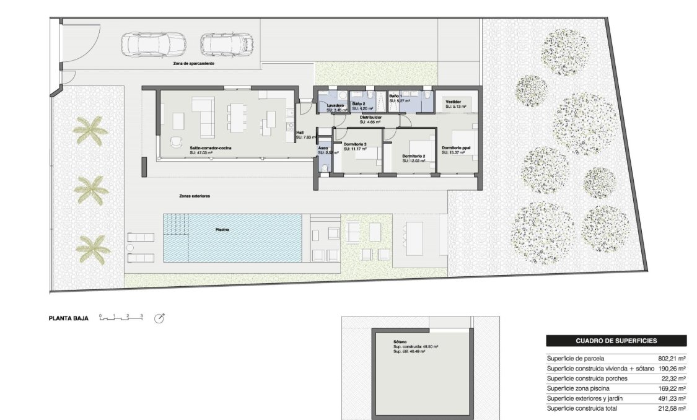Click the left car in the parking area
coord(146,44)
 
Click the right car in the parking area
coord(227,44)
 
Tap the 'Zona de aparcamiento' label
coord(194,63)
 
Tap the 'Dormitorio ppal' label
coord(458,148)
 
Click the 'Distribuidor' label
coord(370,117)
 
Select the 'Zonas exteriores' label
coord(195,196)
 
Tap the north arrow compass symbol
coord(159,318)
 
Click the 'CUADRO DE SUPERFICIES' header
coord(616,341)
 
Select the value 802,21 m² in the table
coord(672,358)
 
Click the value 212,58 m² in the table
coord(672,409)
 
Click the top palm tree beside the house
coord(90,131)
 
